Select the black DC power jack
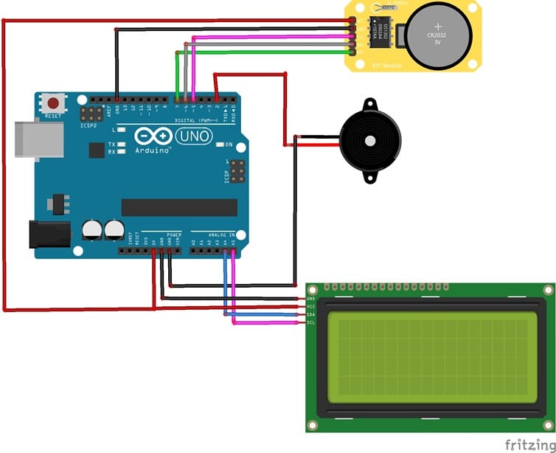[48, 234]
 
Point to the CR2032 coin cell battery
[438, 34]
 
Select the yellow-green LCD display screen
[432, 356]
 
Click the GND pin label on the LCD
[310, 299]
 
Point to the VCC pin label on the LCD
[310, 306]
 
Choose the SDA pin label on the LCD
[310, 314]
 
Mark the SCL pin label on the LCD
[310, 322]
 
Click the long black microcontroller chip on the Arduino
[179, 207]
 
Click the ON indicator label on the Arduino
[229, 144]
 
